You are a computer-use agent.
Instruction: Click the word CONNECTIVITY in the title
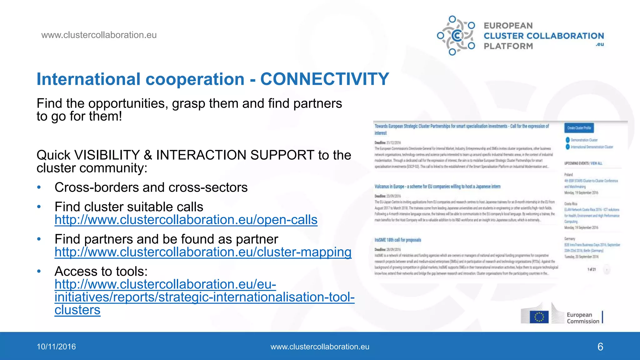[x=324, y=79]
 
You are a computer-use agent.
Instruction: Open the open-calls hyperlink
[x=186, y=220]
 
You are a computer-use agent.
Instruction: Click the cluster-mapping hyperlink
[x=203, y=252]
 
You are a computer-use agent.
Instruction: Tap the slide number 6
[x=600, y=347]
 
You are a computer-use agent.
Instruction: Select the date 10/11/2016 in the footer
[x=56, y=347]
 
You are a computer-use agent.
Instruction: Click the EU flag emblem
[x=539, y=317]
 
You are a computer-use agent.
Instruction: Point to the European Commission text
[x=582, y=318]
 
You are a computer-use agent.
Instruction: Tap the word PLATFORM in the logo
[x=508, y=46]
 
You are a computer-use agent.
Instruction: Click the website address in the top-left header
[x=99, y=35]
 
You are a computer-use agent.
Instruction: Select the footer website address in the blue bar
[x=320, y=347]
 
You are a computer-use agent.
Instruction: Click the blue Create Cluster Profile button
[x=579, y=128]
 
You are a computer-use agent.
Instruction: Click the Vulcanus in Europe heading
[x=437, y=187]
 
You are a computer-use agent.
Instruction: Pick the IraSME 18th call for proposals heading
[x=398, y=240]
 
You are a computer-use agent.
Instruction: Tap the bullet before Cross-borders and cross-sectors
[x=39, y=187]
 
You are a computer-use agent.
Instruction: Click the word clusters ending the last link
[x=77, y=310]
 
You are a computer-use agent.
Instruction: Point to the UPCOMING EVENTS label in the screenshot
[x=576, y=163]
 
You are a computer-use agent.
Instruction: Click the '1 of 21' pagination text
[x=592, y=269]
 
